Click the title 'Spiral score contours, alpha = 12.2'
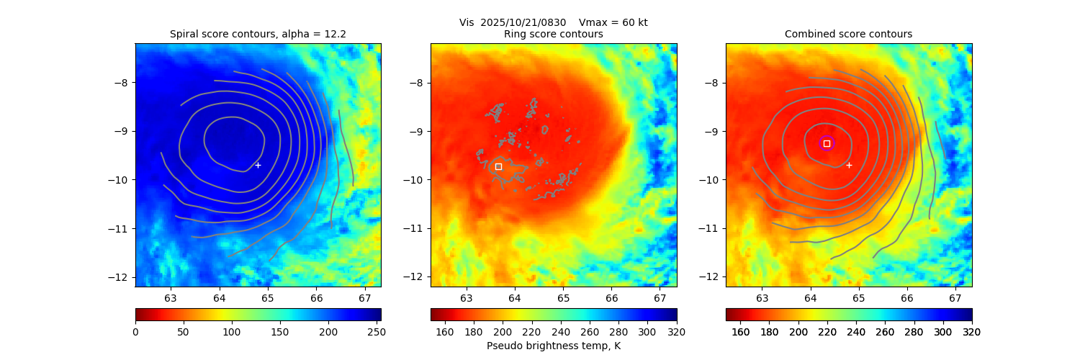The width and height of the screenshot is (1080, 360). [258, 34]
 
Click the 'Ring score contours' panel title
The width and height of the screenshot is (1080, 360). [553, 34]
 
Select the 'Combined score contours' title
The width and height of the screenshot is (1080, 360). [848, 34]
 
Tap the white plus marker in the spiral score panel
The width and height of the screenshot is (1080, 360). [258, 165]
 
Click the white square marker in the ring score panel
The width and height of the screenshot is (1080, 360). [498, 166]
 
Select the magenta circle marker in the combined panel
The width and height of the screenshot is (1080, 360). [827, 143]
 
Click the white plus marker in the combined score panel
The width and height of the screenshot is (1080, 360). [849, 165]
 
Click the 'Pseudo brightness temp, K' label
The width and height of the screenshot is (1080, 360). [553, 346]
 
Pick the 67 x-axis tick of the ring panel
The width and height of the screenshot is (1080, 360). [660, 298]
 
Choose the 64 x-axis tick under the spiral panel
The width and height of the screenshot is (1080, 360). [219, 298]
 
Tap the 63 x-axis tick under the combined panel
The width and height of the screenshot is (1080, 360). [762, 298]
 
